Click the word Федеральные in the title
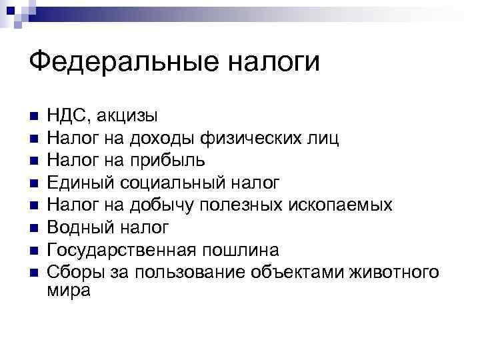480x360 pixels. click(x=119, y=63)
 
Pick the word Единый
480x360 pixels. click(x=79, y=183)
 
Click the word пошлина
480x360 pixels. click(x=241, y=250)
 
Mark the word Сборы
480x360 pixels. click(x=69, y=272)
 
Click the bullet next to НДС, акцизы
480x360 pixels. click(x=34, y=117)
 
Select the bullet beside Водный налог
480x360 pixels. click(x=34, y=228)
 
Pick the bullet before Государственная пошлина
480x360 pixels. click(x=34, y=251)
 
